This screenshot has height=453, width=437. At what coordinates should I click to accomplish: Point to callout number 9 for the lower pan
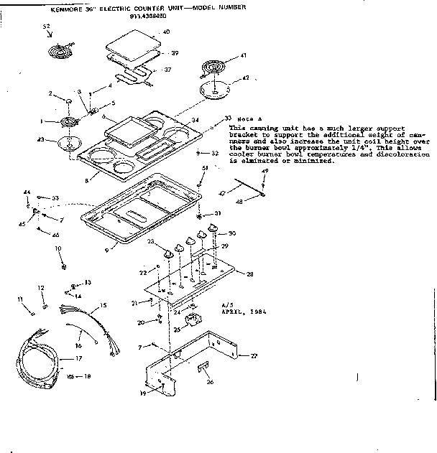(x=106, y=249)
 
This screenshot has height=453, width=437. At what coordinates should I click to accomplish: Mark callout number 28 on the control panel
(x=251, y=274)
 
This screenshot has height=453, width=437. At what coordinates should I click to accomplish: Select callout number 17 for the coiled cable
(x=79, y=358)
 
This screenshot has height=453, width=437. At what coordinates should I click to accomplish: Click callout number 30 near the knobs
(x=232, y=233)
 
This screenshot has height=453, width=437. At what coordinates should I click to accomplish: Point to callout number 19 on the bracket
(x=143, y=394)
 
